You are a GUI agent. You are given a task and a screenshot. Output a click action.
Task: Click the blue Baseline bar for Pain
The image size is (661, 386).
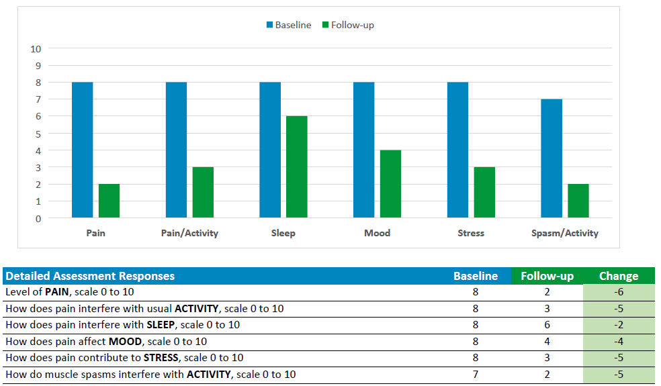tap(82, 150)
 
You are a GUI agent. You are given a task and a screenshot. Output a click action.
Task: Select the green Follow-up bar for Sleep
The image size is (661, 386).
tap(296, 166)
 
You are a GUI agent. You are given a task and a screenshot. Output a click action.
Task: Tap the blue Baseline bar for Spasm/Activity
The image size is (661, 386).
tap(552, 158)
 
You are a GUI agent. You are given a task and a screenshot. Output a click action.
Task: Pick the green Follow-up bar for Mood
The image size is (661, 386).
tap(390, 184)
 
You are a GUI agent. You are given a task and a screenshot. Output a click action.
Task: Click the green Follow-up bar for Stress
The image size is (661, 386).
tap(484, 192)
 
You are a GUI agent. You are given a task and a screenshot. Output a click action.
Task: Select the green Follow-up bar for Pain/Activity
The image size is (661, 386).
tap(203, 192)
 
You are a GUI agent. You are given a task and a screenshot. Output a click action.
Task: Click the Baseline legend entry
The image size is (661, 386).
tap(289, 25)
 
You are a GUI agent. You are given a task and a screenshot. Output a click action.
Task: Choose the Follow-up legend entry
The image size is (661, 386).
tap(348, 25)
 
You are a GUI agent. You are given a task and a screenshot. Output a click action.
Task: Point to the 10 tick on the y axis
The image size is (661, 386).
tap(36, 49)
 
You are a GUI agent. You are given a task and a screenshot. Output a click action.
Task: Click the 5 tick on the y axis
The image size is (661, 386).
tap(38, 134)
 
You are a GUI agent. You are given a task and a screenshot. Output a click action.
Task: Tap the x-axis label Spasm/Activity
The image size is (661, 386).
tap(564, 233)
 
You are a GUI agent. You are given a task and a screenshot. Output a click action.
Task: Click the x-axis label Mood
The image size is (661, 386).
tap(377, 233)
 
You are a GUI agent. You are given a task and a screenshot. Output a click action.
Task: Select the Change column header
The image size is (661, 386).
tap(618, 276)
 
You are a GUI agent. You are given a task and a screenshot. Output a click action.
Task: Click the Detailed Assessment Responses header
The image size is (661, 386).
tap(90, 276)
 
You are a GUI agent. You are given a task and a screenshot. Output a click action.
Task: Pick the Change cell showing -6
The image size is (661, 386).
tap(618, 293)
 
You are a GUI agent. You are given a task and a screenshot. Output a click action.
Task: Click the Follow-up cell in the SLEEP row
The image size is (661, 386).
tap(547, 325)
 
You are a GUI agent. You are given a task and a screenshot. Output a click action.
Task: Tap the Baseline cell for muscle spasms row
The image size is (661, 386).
tap(476, 374)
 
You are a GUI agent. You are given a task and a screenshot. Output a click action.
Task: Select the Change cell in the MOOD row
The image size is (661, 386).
tap(618, 341)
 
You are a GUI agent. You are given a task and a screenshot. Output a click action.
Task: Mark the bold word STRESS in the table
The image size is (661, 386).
tap(161, 358)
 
